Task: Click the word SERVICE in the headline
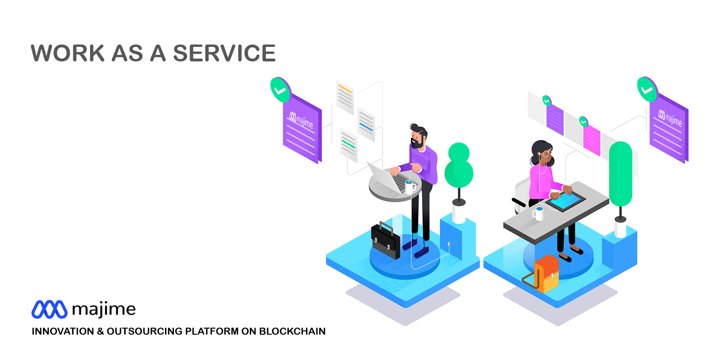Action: pos(225,53)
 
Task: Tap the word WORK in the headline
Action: pos(68,53)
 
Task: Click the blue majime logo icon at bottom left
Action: pos(49,309)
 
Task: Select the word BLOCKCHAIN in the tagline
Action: pos(292,331)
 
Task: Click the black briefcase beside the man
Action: pos(386,240)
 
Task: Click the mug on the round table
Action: pos(410,187)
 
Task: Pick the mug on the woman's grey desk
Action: pos(538,214)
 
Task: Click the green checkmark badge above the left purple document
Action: pos(280,90)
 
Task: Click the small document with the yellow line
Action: pos(345,97)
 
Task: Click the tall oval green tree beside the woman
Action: pos(621,174)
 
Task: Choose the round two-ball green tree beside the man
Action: pos(459,165)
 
